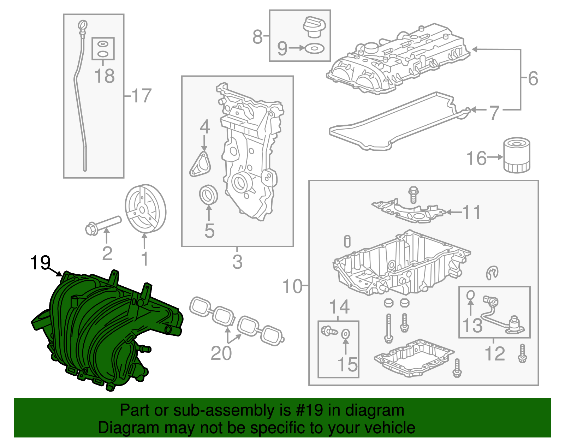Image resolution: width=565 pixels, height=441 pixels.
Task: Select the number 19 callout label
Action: click(40, 263)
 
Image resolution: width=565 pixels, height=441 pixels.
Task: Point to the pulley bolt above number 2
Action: click(103, 225)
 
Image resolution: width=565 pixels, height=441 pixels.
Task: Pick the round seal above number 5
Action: click(208, 195)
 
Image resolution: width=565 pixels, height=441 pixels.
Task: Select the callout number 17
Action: click(142, 96)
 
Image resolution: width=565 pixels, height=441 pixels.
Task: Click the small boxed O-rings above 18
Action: click(103, 49)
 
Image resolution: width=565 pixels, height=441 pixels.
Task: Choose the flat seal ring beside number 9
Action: click(314, 48)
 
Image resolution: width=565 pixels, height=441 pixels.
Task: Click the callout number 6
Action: click(533, 78)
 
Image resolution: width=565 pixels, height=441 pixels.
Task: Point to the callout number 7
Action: click(494, 113)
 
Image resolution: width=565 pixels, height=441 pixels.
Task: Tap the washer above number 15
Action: click(346, 333)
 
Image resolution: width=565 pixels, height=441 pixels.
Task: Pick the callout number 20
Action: click(221, 353)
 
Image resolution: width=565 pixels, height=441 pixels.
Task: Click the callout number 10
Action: click(292, 286)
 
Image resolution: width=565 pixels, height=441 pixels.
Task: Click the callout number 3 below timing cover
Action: click(237, 262)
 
